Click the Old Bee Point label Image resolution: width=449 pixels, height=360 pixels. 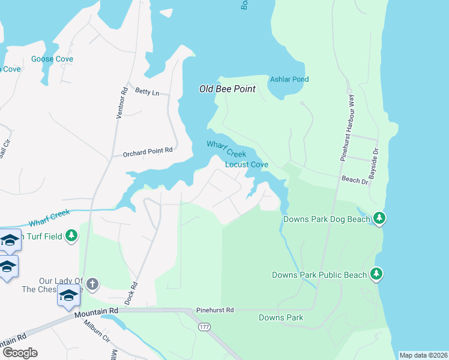[228, 89]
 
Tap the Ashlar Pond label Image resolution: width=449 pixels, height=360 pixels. [289, 79]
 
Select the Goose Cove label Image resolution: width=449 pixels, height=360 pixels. [52, 59]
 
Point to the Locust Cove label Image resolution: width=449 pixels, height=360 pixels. [246, 164]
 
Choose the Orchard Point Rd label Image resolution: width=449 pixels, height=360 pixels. [148, 152]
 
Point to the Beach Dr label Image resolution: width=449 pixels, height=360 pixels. [354, 179]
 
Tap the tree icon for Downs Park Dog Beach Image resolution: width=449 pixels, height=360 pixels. [379, 218]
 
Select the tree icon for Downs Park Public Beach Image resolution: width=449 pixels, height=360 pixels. [376, 274]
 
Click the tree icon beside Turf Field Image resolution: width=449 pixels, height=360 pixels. [72, 236]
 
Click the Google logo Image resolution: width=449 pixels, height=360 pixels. [20, 352]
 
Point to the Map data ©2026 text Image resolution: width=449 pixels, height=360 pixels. [423, 355]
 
